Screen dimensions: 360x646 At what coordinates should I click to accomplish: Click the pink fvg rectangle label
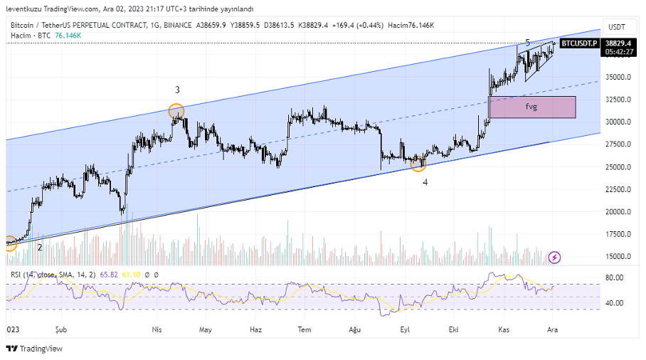(x=531, y=107)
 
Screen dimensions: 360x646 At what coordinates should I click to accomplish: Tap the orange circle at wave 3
(x=176, y=111)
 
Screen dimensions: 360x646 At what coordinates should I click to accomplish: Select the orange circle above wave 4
(x=418, y=164)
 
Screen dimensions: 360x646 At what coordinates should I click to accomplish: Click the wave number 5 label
(x=527, y=43)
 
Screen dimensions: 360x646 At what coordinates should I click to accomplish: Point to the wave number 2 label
(x=40, y=248)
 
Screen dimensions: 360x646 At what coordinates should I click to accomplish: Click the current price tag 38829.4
(x=619, y=43)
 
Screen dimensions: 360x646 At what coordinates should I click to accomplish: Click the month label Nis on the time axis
(x=158, y=329)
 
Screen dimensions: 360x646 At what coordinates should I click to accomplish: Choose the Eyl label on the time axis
(x=406, y=329)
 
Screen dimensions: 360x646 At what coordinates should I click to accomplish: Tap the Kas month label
(x=504, y=329)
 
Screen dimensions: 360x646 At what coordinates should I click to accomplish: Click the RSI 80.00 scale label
(x=615, y=277)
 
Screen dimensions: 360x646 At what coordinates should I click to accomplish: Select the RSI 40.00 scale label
(x=615, y=303)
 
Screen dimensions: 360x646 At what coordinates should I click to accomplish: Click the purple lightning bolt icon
(x=555, y=257)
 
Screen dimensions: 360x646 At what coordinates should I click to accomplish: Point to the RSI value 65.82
(x=109, y=274)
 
